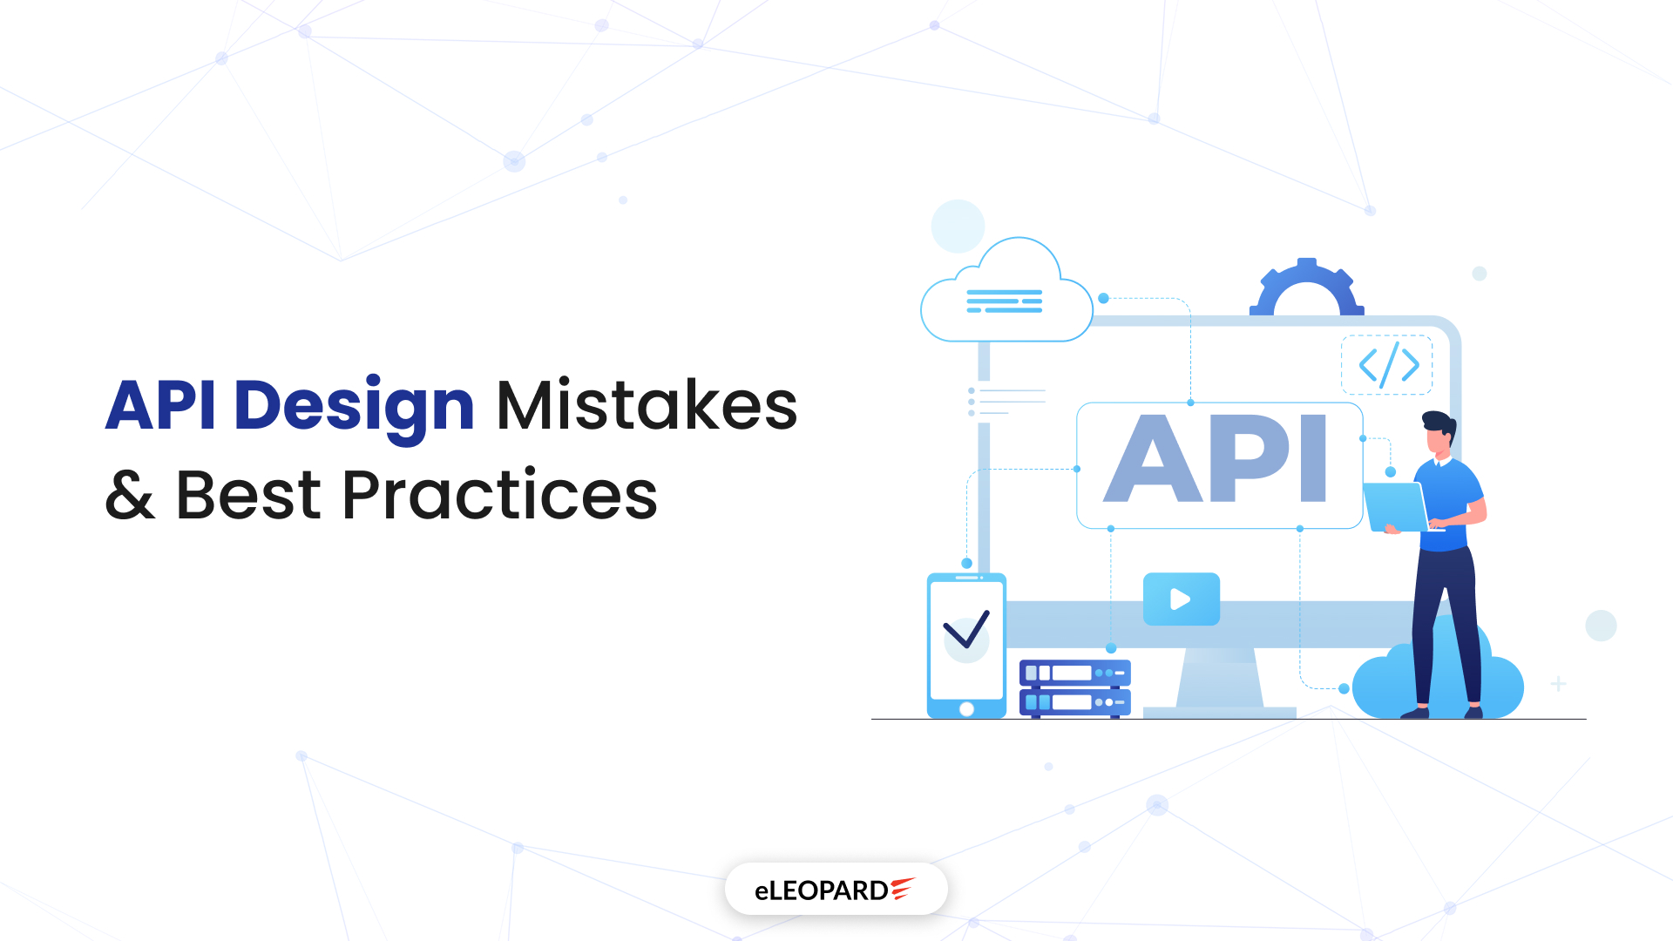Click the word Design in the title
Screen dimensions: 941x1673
pyautogui.click(x=354, y=406)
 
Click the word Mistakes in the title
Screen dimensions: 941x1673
pyautogui.click(x=647, y=406)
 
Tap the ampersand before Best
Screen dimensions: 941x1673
pyautogui.click(x=130, y=495)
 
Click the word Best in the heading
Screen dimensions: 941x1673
pyautogui.click(x=248, y=495)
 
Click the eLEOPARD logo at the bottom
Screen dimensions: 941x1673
pyautogui.click(x=836, y=890)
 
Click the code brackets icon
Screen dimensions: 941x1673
pyautogui.click(x=1388, y=365)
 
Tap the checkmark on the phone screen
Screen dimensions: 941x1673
pyautogui.click(x=966, y=630)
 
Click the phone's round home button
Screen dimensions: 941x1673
pyautogui.click(x=966, y=709)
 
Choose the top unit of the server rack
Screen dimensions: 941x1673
pyautogui.click(x=1074, y=673)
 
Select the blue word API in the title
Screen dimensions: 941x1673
pyautogui.click(x=161, y=406)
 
